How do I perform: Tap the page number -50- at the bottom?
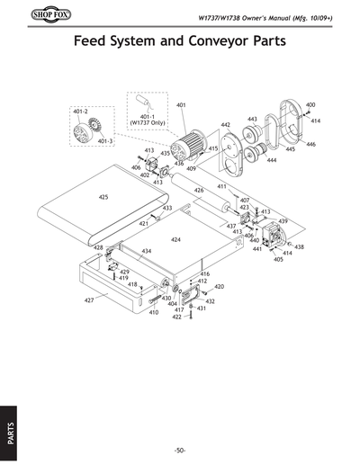point(180,450)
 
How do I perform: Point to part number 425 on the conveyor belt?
point(103,196)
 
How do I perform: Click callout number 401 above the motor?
point(181,106)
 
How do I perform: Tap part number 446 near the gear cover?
point(310,144)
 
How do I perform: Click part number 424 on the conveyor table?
point(176,240)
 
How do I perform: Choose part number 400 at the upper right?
point(310,105)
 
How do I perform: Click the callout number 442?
point(226,125)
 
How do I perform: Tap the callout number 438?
point(300,246)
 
